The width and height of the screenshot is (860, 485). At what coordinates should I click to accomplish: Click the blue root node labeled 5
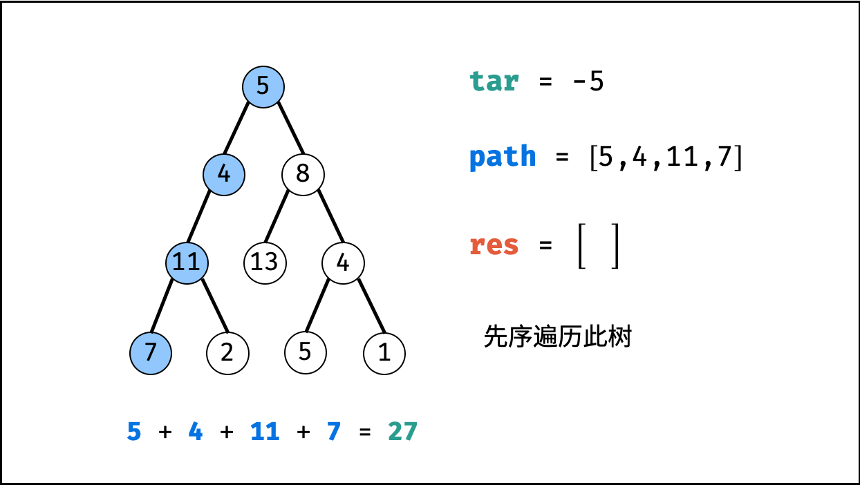coord(263,87)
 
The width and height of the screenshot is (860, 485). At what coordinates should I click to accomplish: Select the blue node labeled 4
coord(224,173)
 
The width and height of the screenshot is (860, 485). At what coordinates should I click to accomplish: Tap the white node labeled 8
coord(303,173)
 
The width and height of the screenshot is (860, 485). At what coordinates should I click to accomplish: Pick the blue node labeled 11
coord(187,263)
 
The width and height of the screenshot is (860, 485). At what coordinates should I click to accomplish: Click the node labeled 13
coord(265,263)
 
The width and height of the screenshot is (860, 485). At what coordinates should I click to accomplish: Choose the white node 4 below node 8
coord(343,263)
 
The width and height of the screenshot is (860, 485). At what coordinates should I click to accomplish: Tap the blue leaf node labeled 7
coord(151,353)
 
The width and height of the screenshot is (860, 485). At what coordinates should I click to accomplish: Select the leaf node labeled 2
coord(227,353)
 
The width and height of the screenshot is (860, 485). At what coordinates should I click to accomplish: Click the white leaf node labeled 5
coord(306,353)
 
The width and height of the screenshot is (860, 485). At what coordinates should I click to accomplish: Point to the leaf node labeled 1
coord(384,353)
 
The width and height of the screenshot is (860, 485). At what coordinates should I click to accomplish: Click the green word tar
coord(494,82)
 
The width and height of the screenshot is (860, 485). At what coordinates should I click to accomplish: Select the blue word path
coord(503,157)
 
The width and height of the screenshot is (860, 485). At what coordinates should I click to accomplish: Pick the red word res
coord(494,245)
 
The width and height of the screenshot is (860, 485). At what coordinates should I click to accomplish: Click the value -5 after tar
coord(588,82)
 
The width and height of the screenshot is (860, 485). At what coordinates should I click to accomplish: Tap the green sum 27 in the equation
coord(402,432)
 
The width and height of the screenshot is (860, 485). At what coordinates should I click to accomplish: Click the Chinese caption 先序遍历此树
coord(557,337)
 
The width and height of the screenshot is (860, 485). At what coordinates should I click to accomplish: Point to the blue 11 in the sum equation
coord(265,432)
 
